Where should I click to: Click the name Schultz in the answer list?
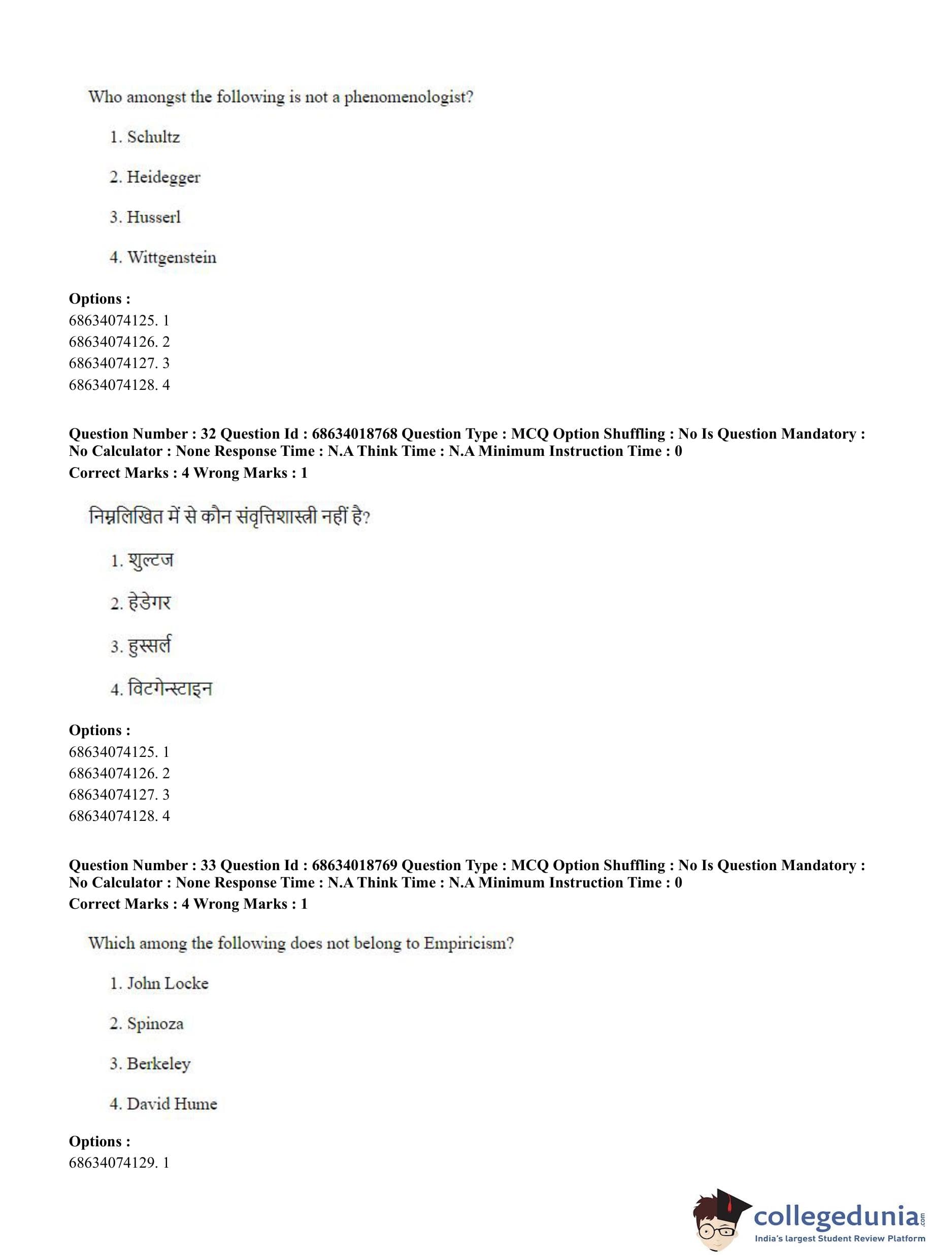153,137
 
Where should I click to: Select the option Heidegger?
163,177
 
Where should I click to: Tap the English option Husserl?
153,217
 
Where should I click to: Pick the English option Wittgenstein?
172,258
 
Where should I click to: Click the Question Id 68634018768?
354,434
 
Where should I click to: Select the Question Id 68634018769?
354,866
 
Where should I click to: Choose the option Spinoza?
155,1023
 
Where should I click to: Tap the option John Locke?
168,983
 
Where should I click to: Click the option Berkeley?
158,1064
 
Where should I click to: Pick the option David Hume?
172,1104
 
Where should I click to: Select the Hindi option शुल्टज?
151,560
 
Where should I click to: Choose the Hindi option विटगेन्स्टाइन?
170,689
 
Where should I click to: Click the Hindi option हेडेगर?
149,603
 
